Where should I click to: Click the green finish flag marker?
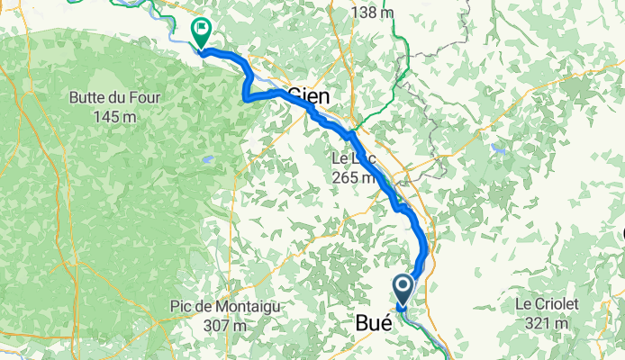[x=201, y=33]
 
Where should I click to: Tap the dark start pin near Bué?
[x=403, y=290]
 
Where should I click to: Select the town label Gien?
[x=310, y=95]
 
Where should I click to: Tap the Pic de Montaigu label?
[x=224, y=307]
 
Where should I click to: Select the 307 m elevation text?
[x=224, y=325]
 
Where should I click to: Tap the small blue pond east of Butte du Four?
[x=208, y=160]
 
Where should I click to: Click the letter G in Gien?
[x=296, y=95]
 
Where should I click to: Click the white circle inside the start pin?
[x=403, y=286]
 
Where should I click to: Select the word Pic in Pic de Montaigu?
[x=181, y=307]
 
